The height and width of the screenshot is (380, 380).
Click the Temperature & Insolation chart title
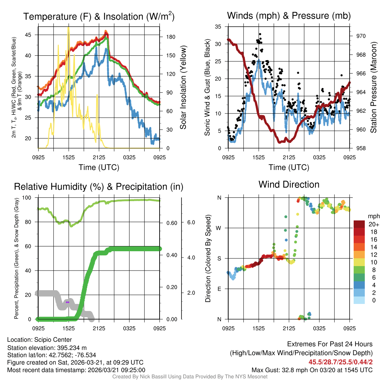coord(99,17)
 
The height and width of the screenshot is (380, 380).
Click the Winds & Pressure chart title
coord(289,16)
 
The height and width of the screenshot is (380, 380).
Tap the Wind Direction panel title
coord(289,184)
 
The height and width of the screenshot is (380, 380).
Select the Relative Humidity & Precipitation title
coord(99,187)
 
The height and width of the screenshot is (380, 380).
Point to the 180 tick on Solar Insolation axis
coord(166,37)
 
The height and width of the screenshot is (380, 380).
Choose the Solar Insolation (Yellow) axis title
coord(183,88)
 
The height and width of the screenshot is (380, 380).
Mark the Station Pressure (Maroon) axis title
coord(374,88)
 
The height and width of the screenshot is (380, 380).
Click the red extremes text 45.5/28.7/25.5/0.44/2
coord(340,362)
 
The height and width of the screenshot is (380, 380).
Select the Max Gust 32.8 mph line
coord(312,370)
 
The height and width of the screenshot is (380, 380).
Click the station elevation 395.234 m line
coord(47,347)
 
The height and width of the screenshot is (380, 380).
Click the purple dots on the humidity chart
coord(68,302)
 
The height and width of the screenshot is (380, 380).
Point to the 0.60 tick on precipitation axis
coord(171,223)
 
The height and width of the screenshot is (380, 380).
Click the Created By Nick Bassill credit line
coord(190,377)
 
